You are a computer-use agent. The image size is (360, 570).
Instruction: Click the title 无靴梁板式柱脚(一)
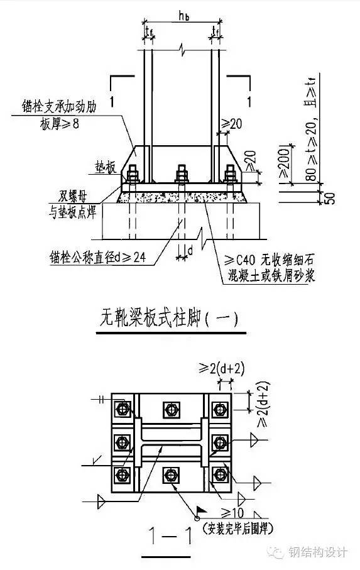click(169, 319)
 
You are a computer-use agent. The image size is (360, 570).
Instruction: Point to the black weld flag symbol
click(202, 511)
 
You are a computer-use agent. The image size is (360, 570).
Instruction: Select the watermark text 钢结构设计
click(317, 552)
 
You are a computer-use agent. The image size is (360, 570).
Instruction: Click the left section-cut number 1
click(111, 101)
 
